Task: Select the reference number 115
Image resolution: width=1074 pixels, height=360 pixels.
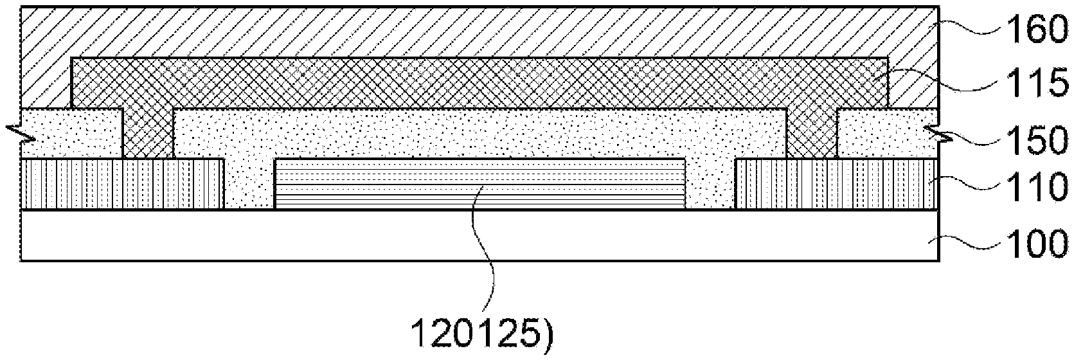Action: (1028, 84)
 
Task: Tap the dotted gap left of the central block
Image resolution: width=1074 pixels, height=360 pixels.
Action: (249, 186)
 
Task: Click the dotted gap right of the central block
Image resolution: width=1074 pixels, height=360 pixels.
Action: (710, 186)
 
